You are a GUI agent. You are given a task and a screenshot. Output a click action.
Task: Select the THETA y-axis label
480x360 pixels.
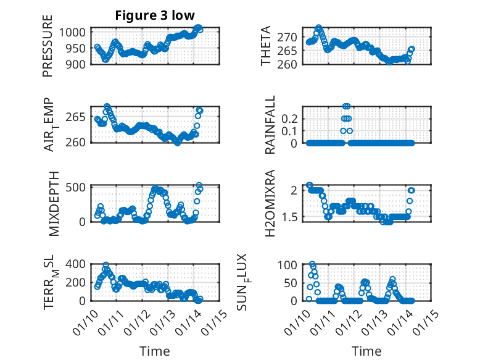(266, 46)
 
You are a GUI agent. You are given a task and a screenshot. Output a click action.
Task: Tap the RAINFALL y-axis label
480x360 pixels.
(270, 125)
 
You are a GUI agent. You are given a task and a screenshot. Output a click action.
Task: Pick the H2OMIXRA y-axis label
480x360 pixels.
(270, 203)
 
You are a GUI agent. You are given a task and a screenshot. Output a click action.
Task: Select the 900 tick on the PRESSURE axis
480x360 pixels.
(78, 64)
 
